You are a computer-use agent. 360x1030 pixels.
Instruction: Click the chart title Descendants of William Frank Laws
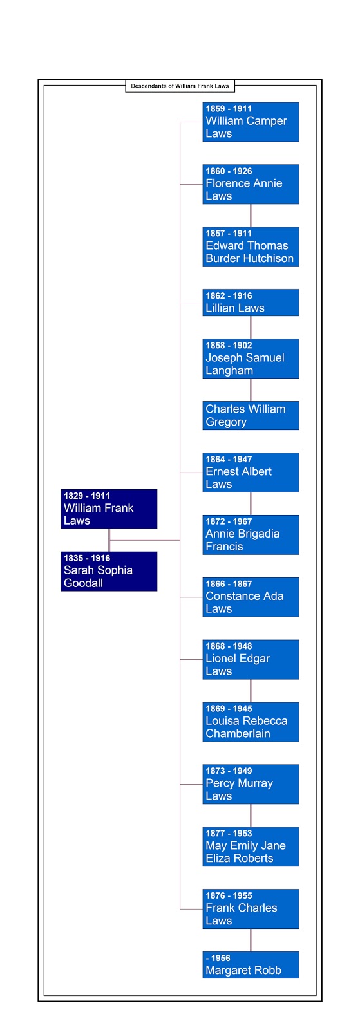tap(180, 86)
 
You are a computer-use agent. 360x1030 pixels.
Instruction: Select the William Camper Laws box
tap(251, 122)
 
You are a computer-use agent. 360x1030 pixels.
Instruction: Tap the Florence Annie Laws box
tap(251, 184)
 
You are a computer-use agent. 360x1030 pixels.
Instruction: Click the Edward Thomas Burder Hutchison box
tap(251, 247)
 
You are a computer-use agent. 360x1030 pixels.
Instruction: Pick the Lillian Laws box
tap(251, 303)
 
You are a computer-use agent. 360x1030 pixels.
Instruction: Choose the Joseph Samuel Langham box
tap(251, 359)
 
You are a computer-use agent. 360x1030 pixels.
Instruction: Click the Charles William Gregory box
tap(251, 416)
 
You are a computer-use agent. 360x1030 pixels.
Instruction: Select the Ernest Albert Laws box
tap(251, 473)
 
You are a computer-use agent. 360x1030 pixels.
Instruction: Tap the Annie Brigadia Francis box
tap(251, 535)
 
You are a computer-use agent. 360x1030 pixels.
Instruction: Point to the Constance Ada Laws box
tap(251, 597)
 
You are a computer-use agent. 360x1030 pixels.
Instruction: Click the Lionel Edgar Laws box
tap(251, 659)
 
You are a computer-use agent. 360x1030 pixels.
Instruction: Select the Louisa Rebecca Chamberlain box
tap(251, 722)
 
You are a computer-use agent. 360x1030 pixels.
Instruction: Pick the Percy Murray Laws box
tap(251, 784)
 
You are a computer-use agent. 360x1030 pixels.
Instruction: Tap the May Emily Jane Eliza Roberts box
tap(251, 847)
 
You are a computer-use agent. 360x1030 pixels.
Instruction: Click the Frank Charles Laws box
tap(251, 908)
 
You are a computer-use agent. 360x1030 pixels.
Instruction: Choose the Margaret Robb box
tap(251, 965)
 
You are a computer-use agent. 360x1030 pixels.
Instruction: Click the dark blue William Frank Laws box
tap(109, 509)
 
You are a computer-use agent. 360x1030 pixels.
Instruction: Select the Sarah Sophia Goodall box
tap(109, 571)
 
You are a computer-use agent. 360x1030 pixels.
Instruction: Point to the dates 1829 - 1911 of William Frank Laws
tap(87, 496)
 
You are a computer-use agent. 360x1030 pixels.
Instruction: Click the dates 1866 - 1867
tap(229, 584)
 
